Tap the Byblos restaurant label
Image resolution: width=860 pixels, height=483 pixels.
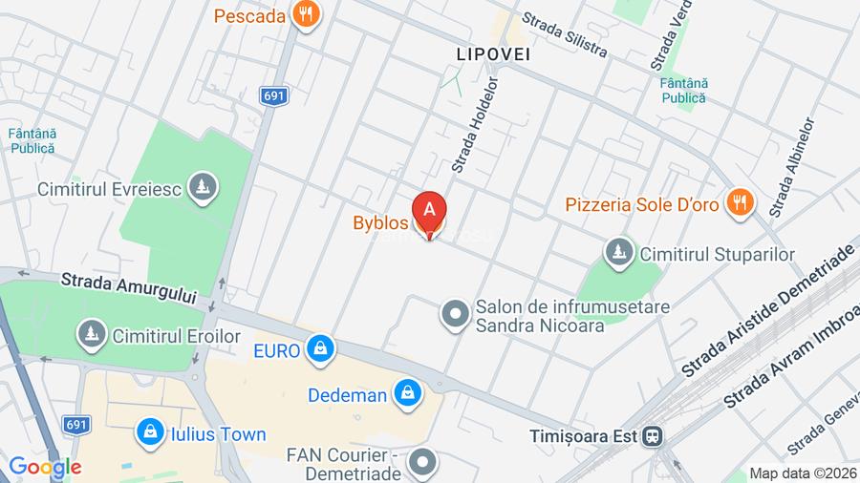pos(380,223)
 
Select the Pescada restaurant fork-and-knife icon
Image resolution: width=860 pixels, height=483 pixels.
pos(307,14)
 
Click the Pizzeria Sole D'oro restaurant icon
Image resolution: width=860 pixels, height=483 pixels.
pos(739,202)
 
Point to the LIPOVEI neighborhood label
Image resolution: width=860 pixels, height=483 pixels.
pos(493,54)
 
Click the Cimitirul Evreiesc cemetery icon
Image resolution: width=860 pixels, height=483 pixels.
pos(202,187)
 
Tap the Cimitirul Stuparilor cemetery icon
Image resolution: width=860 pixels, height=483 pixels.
pos(620,253)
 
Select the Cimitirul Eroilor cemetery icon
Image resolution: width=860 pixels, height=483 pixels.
pos(92,334)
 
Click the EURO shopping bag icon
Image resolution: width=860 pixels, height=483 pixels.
pos(320,349)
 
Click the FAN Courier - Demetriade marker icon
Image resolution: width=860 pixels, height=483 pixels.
pos(421,464)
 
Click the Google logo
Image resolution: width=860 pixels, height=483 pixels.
pos(45,468)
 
